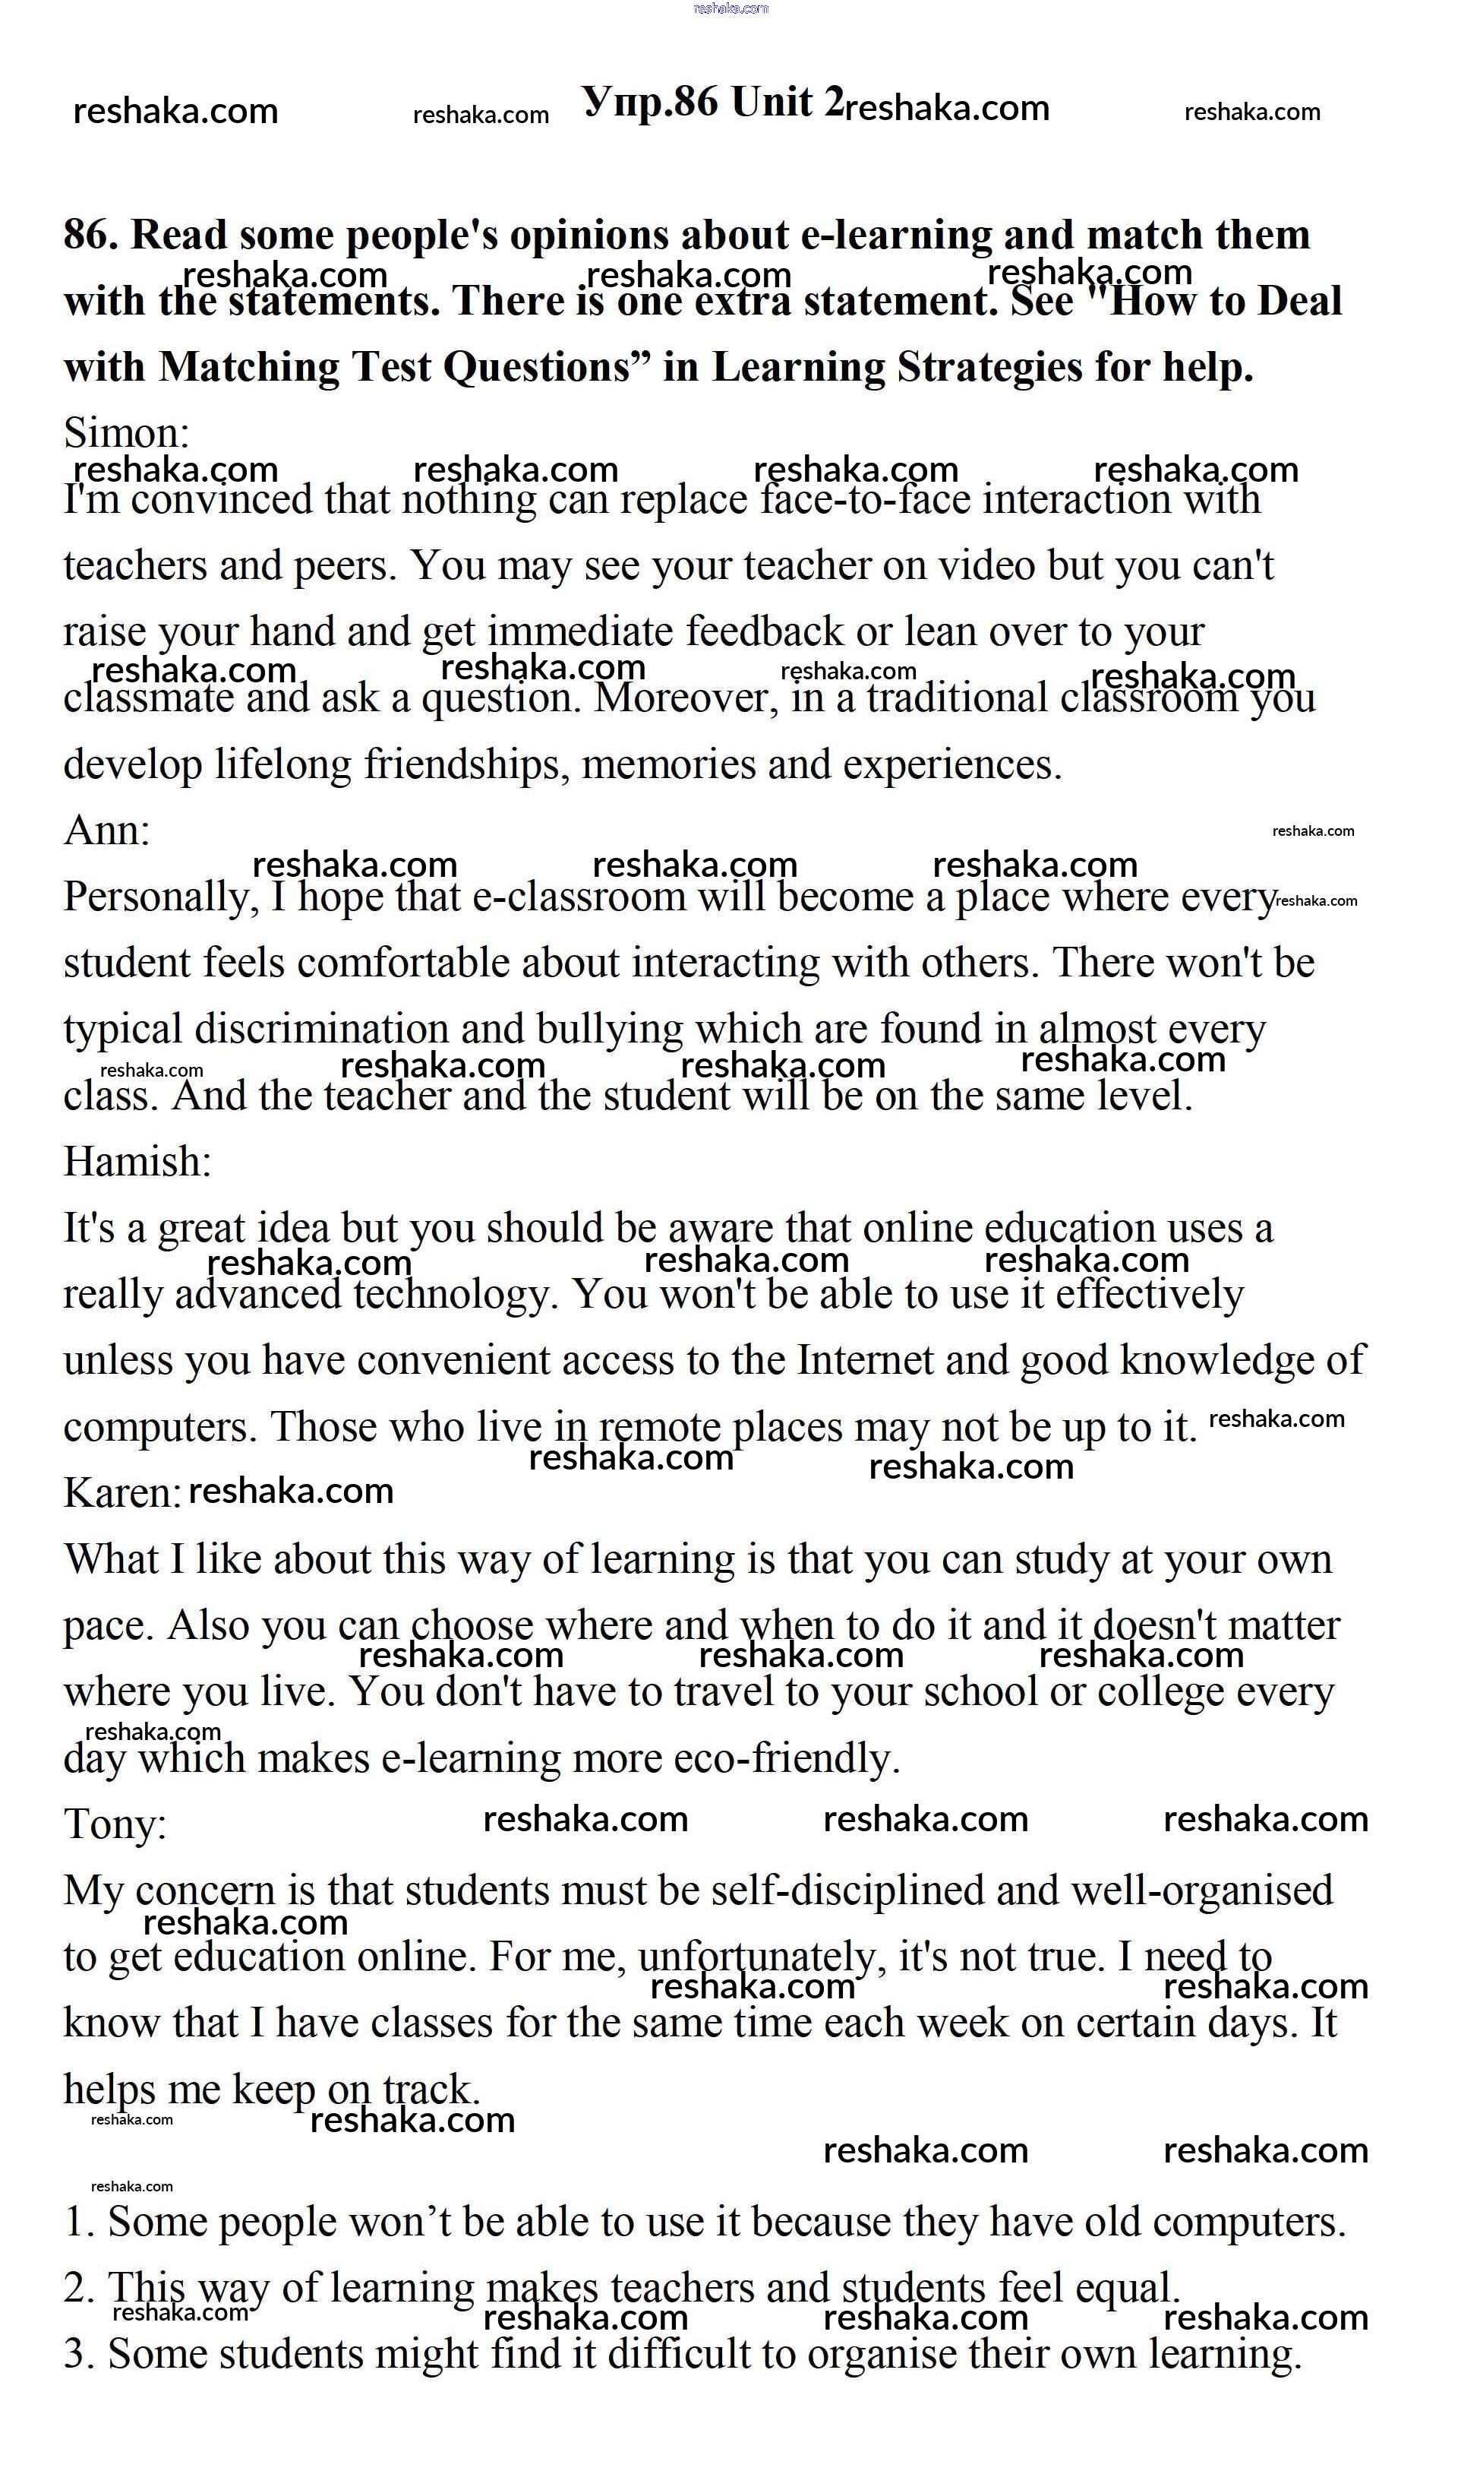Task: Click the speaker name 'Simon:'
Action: coord(126,432)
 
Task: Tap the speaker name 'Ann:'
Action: coord(106,831)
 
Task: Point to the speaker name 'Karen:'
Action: coord(122,1493)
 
